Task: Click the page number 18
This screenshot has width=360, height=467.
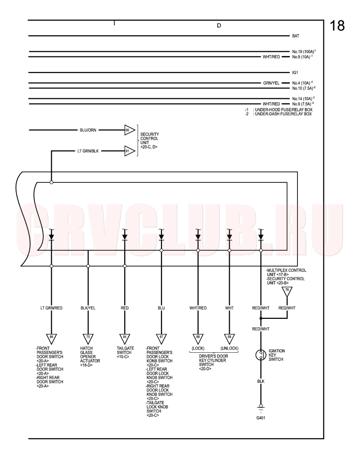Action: [337, 25]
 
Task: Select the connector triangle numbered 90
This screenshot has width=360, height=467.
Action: [129, 130]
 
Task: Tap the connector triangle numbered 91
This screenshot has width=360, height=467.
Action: [129, 151]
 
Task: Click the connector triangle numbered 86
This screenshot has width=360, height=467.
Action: [51, 338]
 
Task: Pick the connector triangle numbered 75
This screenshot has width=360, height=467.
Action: [88, 338]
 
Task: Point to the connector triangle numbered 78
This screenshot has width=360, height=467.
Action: [287, 291]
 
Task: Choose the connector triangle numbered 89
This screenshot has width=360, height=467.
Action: [229, 338]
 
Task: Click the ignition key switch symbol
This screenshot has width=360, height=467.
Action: [261, 355]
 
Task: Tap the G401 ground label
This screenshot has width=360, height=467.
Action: [261, 418]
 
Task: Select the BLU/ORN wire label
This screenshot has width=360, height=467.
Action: [88, 130]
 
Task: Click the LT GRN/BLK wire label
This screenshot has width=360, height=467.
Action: [88, 151]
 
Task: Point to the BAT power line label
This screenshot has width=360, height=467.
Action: [296, 36]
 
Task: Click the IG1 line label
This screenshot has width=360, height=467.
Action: [295, 73]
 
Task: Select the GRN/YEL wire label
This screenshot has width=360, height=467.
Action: [271, 83]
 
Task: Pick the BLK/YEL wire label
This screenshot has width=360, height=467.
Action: [88, 308]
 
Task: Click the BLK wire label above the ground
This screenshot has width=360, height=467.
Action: [261, 381]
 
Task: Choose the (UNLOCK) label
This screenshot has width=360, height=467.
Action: [229, 348]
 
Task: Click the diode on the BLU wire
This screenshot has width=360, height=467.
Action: [161, 237]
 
